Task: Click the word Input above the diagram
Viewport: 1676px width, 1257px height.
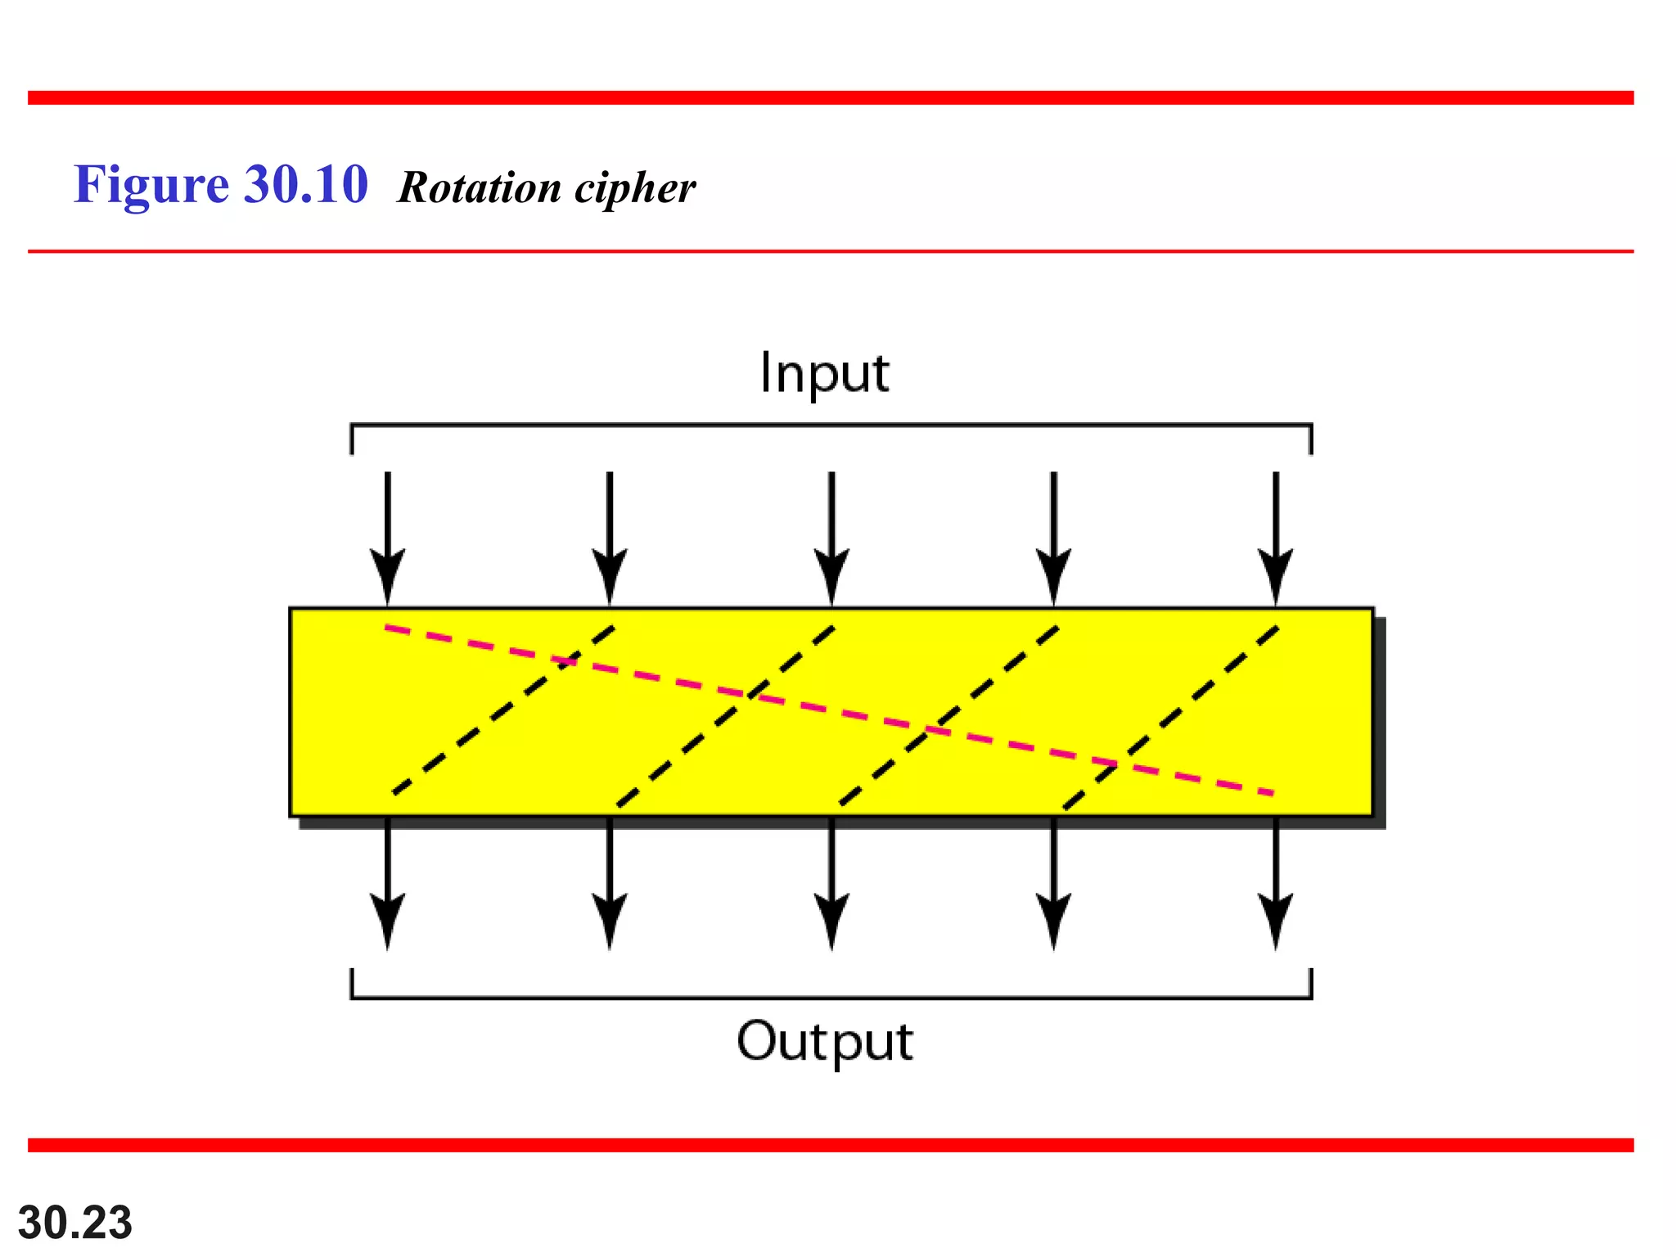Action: pos(824,373)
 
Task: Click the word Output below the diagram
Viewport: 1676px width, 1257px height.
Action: pos(824,1042)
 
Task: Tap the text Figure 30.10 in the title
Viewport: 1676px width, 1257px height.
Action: pos(221,184)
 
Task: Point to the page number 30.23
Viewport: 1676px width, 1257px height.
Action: pos(74,1223)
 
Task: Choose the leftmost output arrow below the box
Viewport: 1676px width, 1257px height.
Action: pos(388,884)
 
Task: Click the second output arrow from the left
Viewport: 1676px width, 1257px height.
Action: pos(610,884)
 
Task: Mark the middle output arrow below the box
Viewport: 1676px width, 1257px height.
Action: pos(831,884)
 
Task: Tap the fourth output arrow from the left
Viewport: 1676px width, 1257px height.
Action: pos(1054,884)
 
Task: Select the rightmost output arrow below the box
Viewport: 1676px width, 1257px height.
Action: pos(1276,884)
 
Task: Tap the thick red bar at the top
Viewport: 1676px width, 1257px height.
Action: pos(831,98)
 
